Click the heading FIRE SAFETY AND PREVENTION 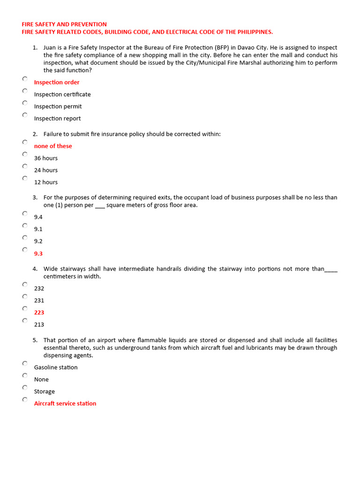[x=64, y=24]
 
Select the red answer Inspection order [x=57, y=82]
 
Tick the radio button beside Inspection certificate [x=25, y=90]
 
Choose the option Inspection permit [x=58, y=106]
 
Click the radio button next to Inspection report [x=25, y=115]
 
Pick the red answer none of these [x=53, y=146]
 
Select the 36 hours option [x=46, y=158]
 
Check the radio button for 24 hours [x=25, y=166]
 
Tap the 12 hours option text [x=46, y=182]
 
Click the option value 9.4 [x=38, y=217]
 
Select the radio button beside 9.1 [x=25, y=225]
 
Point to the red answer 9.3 [x=38, y=254]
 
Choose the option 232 [x=39, y=289]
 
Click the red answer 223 [x=39, y=313]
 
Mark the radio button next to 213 [x=25, y=321]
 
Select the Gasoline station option [x=56, y=367]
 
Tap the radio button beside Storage [x=25, y=388]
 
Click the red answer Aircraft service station [x=65, y=404]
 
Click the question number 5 [x=35, y=340]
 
